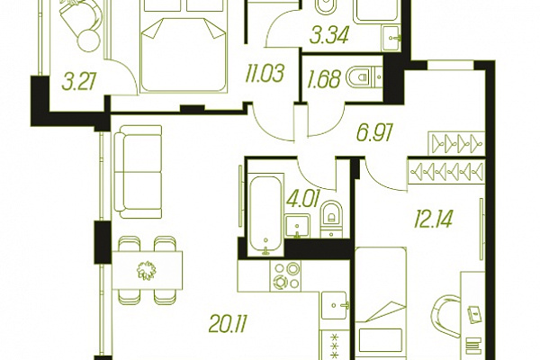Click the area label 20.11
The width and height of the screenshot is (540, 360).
click(228, 325)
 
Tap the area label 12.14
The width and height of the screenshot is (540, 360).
click(433, 220)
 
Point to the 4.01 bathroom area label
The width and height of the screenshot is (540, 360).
click(303, 200)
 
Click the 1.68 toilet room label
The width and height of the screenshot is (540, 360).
click(324, 78)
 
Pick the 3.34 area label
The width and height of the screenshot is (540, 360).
click(329, 35)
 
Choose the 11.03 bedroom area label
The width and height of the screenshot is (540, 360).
click(265, 74)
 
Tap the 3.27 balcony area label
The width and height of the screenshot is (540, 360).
click(79, 83)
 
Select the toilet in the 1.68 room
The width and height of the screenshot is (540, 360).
click(359, 76)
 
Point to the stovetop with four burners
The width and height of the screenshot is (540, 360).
click(285, 276)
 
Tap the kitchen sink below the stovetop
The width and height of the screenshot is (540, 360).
click(335, 305)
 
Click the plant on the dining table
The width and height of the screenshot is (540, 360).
click(147, 270)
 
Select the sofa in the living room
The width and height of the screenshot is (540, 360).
click(138, 172)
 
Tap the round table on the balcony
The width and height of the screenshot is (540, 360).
click(88, 40)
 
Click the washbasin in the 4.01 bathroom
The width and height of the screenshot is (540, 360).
click(298, 226)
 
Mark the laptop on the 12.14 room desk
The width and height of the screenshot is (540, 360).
click(474, 314)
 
